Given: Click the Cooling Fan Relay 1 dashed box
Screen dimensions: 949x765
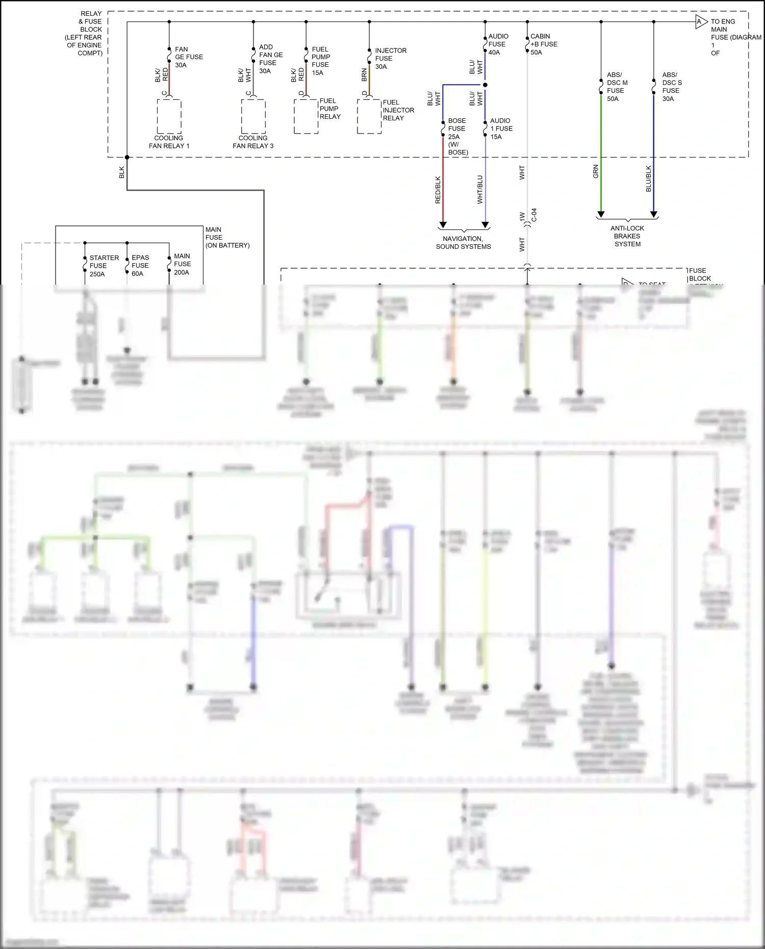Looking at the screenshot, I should point(169,116).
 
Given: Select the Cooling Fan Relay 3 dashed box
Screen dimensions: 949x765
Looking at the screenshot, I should point(253,116).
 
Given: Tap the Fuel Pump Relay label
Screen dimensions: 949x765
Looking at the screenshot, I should point(329,109).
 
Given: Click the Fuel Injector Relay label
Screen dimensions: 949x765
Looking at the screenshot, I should point(398,110).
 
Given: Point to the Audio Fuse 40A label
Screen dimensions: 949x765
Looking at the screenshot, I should point(498,44).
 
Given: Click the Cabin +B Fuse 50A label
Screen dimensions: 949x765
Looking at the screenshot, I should point(543,44).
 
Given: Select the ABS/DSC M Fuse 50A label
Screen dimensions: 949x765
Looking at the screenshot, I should point(617,87).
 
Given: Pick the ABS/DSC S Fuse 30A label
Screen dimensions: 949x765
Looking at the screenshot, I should point(672,87).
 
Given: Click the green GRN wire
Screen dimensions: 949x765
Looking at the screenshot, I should point(601,153).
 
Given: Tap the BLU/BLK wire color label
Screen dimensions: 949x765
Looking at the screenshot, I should point(649,178).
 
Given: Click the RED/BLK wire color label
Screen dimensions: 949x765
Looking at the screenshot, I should point(438,190).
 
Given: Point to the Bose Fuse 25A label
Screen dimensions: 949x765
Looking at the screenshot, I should point(457,136).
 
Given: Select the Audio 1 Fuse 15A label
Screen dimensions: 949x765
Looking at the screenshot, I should point(500,129).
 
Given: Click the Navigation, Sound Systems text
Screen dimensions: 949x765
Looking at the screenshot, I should point(463,243).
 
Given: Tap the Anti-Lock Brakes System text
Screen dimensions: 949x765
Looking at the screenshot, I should point(627,236).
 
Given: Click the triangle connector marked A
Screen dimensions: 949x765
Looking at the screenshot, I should point(701,22).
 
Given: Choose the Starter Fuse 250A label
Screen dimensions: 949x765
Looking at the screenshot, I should point(104,266).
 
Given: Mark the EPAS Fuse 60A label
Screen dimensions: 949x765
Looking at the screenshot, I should point(140,266).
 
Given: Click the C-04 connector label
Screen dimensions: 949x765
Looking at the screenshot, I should point(534,215).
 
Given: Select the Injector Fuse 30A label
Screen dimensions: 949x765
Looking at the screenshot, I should point(390,59).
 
